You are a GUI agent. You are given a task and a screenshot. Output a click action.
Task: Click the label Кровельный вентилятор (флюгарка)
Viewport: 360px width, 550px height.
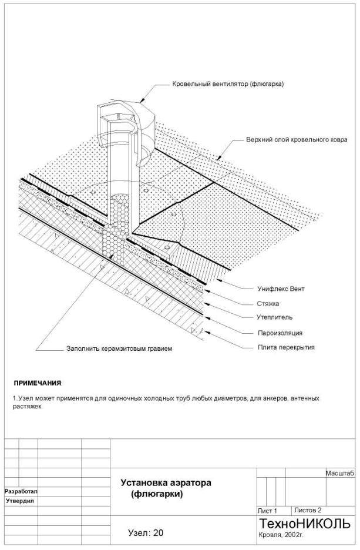tap(228, 84)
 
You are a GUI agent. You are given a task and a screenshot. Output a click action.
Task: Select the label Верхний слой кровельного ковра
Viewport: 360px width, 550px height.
tap(297, 140)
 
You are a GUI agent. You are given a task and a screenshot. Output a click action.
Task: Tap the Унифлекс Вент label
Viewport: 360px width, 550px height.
tap(281, 289)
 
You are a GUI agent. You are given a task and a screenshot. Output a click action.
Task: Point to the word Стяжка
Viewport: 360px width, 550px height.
tap(268, 304)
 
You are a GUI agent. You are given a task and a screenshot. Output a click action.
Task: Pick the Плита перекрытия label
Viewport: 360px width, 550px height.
tap(286, 347)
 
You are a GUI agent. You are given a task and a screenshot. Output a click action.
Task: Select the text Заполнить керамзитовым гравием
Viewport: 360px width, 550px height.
tap(119, 348)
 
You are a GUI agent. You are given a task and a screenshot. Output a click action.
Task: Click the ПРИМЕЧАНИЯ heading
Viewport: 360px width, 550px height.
tap(38, 383)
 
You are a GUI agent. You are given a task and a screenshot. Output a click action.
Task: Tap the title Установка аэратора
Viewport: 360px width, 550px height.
tap(166, 482)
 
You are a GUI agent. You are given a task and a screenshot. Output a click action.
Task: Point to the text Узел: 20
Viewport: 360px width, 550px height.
tap(146, 533)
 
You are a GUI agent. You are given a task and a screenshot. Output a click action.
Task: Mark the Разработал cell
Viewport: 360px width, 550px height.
tap(21, 491)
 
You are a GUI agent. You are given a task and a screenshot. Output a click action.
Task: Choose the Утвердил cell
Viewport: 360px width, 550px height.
tap(21, 501)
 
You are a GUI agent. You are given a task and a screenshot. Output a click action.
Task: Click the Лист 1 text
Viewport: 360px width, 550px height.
tap(267, 511)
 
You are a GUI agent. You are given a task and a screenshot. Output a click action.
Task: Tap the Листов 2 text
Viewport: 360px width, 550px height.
tap(308, 510)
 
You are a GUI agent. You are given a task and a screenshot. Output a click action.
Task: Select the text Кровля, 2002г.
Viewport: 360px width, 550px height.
tap(281, 535)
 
